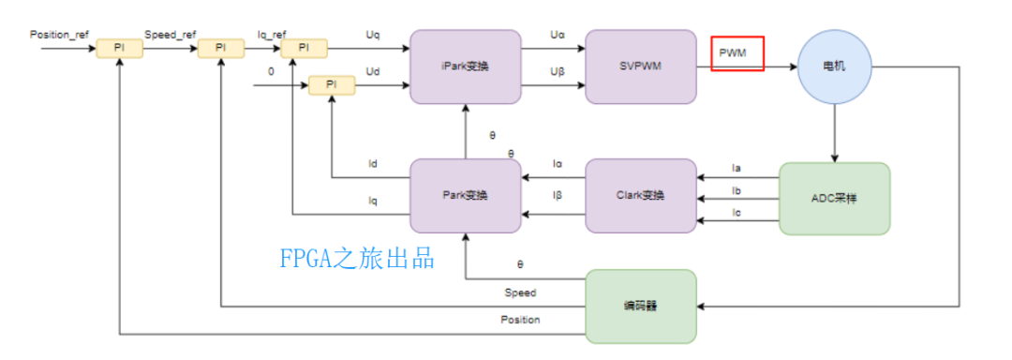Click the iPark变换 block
coord(465,67)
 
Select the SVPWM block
coord(641,67)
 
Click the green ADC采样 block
coord(835,199)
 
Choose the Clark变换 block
coord(641,196)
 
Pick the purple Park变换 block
coord(466,196)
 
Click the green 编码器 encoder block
coord(641,306)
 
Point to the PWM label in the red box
coord(733,53)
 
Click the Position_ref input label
coord(60,34)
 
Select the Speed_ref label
coord(170,34)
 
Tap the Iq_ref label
coord(272,34)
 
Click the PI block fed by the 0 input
coord(332,85)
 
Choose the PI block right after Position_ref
coord(120,47)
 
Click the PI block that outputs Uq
coord(304,47)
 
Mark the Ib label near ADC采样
coord(737,190)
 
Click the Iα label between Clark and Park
coord(558,164)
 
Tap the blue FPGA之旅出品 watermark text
coord(358,259)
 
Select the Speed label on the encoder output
coord(520,292)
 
